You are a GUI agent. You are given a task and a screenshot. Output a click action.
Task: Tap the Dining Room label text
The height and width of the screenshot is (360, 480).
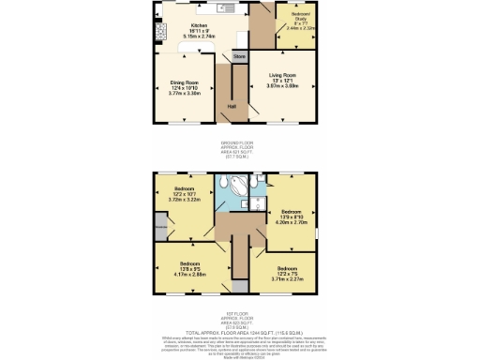coord(183,82)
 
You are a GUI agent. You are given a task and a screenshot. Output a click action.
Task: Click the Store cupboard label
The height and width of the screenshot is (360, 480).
coord(239,57)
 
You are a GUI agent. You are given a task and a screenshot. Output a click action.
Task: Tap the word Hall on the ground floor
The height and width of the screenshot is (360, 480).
coord(231,106)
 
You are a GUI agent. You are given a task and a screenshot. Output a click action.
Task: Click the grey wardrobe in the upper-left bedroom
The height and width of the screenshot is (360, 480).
coord(161,226)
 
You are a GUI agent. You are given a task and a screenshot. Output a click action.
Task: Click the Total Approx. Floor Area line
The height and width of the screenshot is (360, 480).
coord(239,333)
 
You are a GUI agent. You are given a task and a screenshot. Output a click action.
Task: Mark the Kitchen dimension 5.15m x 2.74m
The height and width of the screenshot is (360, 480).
coord(199,36)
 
